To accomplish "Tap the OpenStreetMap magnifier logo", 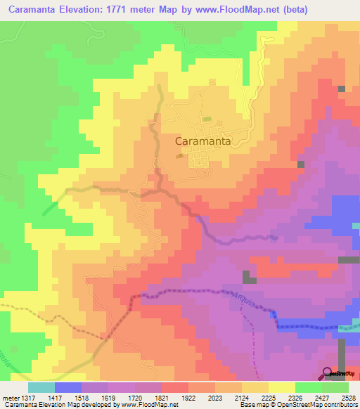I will (327, 372).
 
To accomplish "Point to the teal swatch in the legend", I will (41, 387).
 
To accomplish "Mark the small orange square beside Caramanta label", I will (180, 155).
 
